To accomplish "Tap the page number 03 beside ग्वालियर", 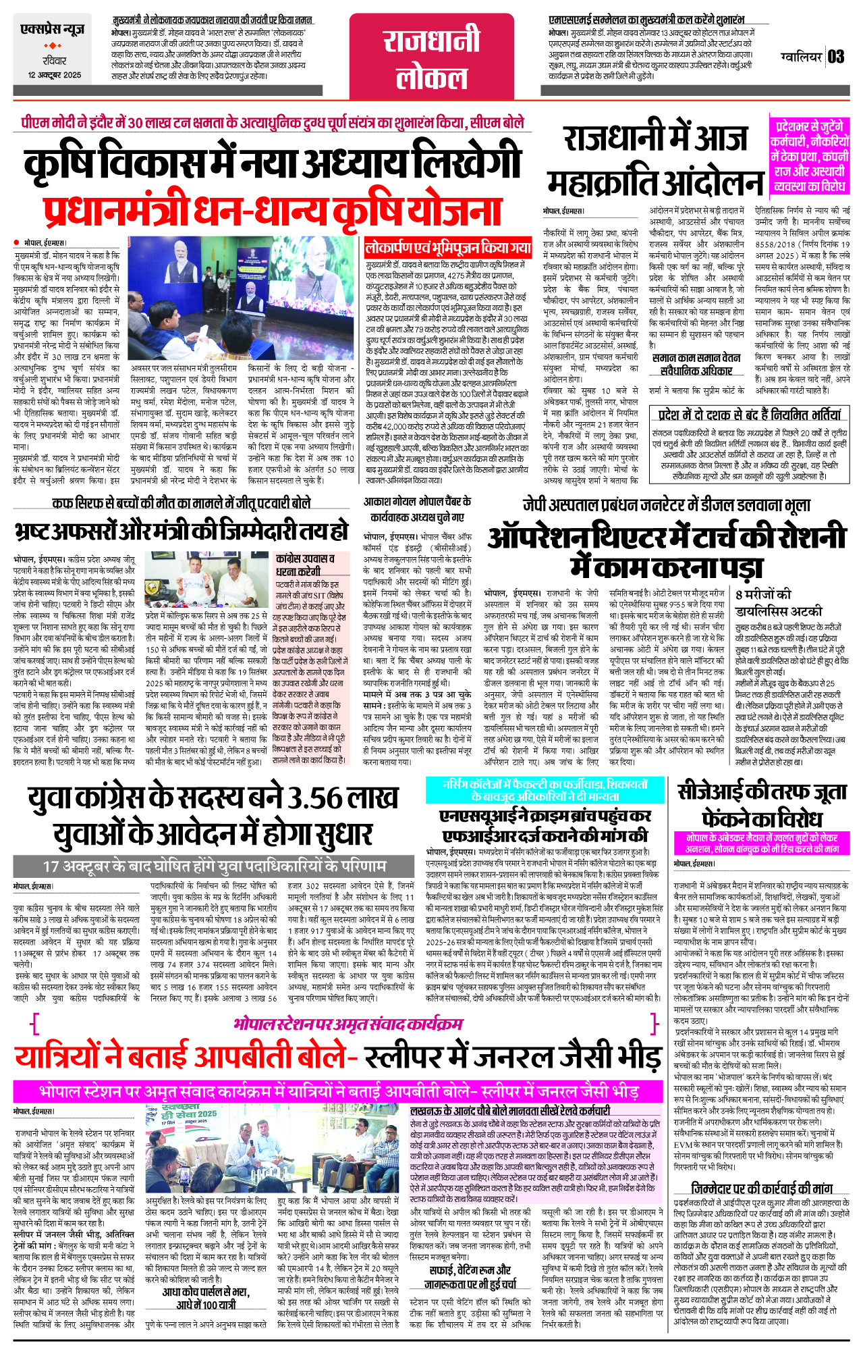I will (836, 56).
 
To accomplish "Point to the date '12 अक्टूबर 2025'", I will (55, 75).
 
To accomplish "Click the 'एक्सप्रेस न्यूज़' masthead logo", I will (53, 30).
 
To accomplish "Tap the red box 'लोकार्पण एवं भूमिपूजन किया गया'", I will (448, 248).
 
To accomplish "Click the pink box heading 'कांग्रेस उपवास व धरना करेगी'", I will (306, 565).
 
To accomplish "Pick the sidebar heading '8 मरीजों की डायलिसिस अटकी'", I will (779, 602).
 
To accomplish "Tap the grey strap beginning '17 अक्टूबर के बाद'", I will (215, 866).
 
